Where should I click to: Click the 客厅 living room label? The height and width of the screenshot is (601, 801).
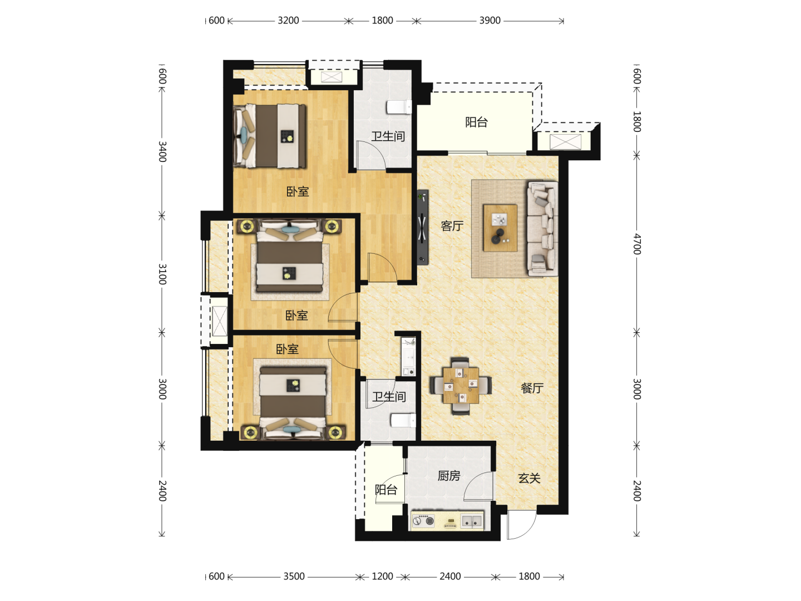click(x=452, y=226)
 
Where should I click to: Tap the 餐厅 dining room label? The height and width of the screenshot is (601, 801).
click(x=532, y=388)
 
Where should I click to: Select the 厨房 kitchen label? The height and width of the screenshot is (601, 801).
click(x=449, y=475)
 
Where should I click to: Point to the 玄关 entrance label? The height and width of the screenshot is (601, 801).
click(x=529, y=478)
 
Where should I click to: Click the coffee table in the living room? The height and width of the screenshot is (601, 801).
click(x=500, y=228)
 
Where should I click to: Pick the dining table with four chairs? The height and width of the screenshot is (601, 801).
click(x=461, y=386)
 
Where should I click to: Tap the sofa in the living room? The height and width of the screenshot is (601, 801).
click(x=542, y=229)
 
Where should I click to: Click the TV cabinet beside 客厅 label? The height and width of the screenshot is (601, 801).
click(x=423, y=227)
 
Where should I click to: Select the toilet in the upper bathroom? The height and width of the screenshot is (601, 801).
click(x=399, y=107)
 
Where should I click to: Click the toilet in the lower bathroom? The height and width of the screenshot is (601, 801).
click(x=403, y=420)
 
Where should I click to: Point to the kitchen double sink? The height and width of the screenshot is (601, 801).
click(x=472, y=521)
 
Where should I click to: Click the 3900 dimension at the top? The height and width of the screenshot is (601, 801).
click(x=489, y=21)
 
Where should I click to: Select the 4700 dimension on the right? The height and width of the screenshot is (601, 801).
click(x=637, y=244)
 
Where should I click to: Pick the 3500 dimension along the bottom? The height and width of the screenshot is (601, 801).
click(x=294, y=577)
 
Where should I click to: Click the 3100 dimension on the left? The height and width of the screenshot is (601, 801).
click(x=162, y=274)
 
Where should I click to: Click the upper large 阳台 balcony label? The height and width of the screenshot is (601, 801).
click(x=476, y=122)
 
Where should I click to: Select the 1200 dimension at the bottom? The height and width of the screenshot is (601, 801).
click(x=382, y=577)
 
